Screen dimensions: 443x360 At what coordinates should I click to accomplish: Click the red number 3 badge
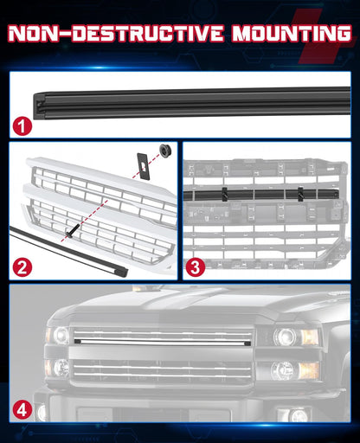(x=196, y=266)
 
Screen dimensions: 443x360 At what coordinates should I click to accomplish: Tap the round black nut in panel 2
(x=161, y=153)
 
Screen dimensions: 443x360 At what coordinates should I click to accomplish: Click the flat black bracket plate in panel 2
(x=140, y=166)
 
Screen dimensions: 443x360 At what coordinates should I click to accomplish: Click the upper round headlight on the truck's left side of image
(x=59, y=335)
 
